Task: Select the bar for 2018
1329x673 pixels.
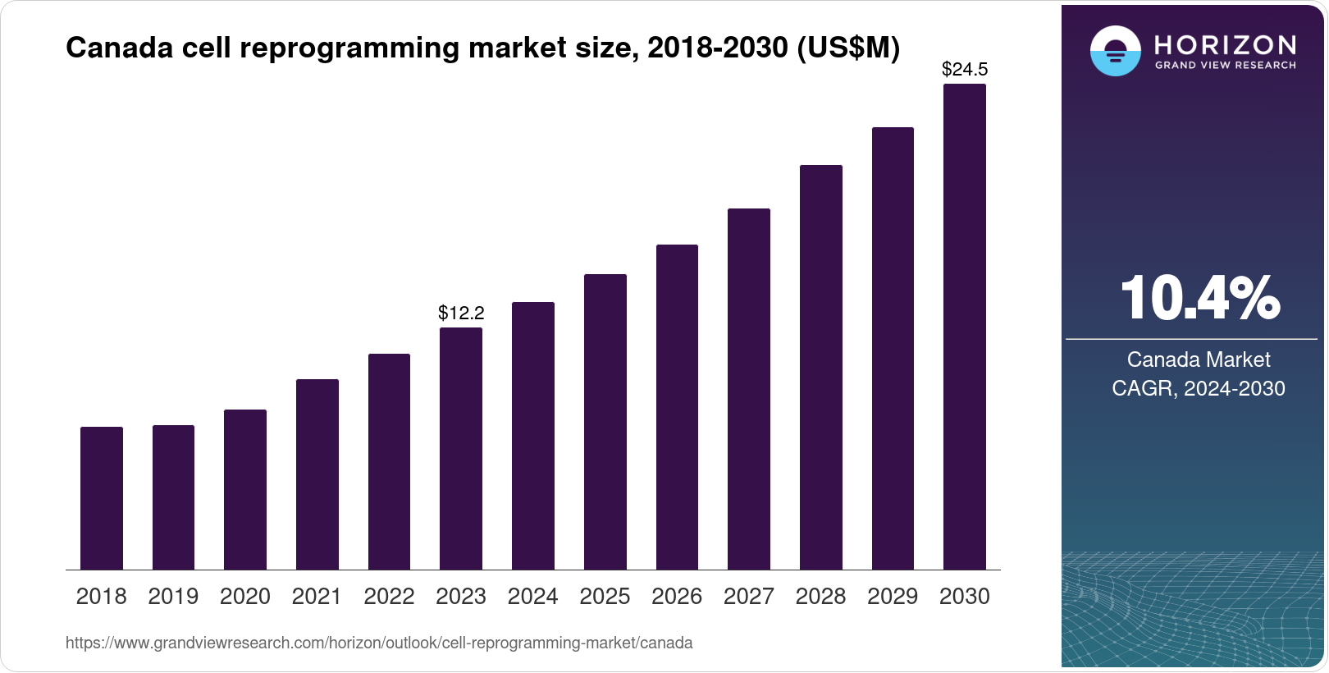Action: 102,498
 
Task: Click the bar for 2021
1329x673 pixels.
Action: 317,474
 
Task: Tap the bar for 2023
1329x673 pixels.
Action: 461,448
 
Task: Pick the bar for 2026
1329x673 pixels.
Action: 677,407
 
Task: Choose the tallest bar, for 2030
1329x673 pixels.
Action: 965,327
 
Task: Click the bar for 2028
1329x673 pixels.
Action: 820,367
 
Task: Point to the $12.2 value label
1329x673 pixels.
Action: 461,313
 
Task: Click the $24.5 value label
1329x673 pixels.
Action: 965,69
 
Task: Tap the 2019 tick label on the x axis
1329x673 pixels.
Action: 173,597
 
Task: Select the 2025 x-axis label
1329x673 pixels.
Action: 605,597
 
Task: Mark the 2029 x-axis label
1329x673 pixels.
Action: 893,597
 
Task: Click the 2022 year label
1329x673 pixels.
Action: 389,597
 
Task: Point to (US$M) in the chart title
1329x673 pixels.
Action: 847,48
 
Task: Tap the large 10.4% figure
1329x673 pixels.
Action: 1199,298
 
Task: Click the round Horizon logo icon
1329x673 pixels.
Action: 1115,51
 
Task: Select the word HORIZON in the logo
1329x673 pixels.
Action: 1225,44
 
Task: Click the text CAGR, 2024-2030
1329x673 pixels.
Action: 1199,388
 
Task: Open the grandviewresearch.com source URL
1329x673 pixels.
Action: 379,643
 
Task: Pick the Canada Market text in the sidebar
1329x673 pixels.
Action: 1199,359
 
